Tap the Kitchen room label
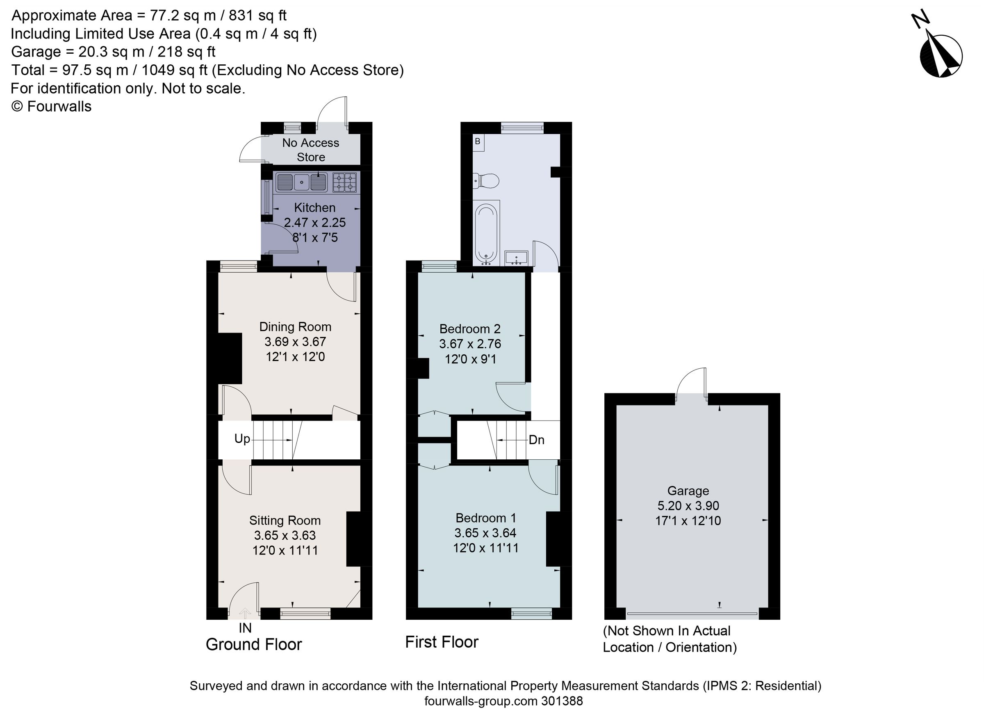[x=314, y=208]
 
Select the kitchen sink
[x=301, y=182]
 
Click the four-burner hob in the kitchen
[x=344, y=182]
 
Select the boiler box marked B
[x=478, y=142]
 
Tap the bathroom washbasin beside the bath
[x=516, y=258]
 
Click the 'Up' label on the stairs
[x=242, y=439]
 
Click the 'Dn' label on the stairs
[x=536, y=440]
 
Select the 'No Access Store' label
[x=311, y=150]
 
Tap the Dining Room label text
[x=295, y=327]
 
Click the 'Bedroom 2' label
[x=470, y=329]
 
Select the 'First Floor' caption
[x=441, y=642]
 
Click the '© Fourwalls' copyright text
[x=51, y=106]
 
